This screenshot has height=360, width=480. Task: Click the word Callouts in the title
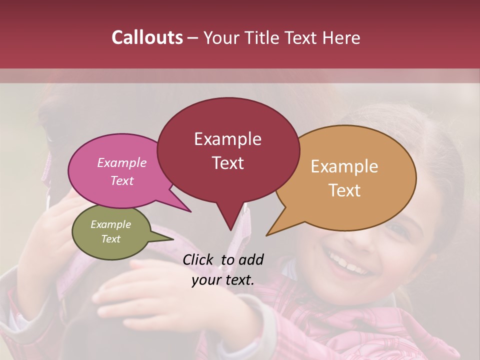(147, 37)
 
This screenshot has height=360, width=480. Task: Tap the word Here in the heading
(340, 37)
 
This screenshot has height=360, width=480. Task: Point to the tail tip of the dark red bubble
(230, 229)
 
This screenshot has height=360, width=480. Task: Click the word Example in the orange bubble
(344, 166)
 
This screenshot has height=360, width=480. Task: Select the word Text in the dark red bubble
(228, 163)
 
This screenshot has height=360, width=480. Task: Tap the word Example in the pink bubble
(122, 162)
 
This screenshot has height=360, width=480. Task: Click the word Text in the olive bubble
(111, 239)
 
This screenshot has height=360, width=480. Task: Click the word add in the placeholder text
(250, 259)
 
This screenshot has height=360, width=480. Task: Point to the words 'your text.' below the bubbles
(223, 280)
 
